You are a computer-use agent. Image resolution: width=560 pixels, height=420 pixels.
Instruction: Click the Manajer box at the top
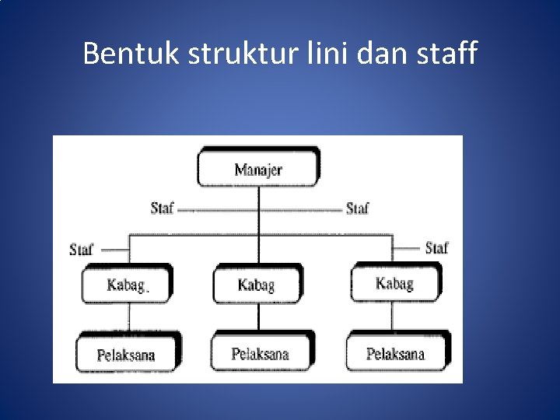(x=257, y=169)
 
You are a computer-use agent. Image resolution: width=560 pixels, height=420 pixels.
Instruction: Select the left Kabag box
(x=126, y=285)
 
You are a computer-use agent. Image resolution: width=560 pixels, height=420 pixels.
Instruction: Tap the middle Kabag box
(x=257, y=285)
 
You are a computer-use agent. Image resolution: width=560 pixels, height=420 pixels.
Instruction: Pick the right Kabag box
(x=394, y=283)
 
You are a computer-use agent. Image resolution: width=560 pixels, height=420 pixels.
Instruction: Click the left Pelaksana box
(x=126, y=355)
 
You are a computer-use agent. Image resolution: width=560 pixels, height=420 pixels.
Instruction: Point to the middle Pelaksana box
(x=260, y=354)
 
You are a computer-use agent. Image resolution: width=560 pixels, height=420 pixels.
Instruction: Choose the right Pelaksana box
(x=396, y=354)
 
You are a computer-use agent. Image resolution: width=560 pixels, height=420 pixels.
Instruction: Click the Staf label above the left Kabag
(x=81, y=250)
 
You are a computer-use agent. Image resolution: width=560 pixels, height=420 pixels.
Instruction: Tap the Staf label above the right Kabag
(x=436, y=248)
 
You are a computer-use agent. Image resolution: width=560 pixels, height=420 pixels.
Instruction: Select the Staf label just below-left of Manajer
(x=162, y=208)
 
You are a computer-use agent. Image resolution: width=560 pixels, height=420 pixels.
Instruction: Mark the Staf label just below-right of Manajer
(x=357, y=208)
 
